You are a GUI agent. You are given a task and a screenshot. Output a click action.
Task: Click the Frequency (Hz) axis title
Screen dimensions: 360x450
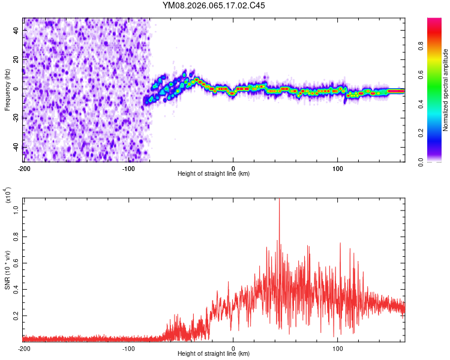pyautogui.click(x=7, y=90)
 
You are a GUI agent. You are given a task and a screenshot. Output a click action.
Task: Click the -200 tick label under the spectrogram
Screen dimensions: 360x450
pyautogui.click(x=24, y=168)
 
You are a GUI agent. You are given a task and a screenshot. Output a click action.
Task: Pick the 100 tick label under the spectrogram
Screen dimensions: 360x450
pyautogui.click(x=337, y=168)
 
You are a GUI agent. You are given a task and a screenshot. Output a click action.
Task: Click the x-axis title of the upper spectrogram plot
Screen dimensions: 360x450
pyautogui.click(x=214, y=174)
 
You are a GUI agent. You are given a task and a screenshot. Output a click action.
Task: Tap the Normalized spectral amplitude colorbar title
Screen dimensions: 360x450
pyautogui.click(x=446, y=90)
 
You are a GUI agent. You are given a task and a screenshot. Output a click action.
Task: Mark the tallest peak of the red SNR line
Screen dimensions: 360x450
pyautogui.click(x=280, y=200)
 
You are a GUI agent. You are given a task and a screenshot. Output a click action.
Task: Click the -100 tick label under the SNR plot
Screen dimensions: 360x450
pyautogui.click(x=128, y=348)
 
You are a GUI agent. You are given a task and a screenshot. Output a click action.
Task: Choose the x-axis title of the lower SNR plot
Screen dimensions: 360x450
pyautogui.click(x=214, y=354)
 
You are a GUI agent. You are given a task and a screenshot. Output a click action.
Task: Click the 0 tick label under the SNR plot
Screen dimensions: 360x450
pyautogui.click(x=233, y=348)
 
